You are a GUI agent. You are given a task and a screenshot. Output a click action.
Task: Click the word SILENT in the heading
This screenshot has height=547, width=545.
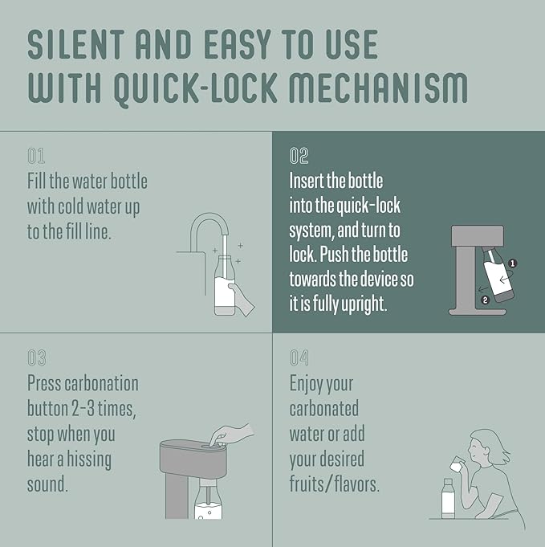coord(76,45)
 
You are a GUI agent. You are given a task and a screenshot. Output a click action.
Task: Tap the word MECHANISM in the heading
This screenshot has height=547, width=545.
coord(379,88)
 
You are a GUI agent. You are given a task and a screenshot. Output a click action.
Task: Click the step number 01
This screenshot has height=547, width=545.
coord(36,156)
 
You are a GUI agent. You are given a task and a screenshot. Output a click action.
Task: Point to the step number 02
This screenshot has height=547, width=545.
coord(299,156)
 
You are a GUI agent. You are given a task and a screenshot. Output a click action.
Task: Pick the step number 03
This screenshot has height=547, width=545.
coord(37,358)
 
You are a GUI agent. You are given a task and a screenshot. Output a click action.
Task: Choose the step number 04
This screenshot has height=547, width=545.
coord(299,358)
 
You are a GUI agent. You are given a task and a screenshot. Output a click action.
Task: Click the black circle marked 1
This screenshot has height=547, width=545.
coord(512,263)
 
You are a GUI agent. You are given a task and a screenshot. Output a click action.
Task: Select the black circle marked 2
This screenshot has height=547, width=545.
coord(485,300)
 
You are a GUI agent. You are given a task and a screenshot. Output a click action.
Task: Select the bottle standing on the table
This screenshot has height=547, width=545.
coord(448,499)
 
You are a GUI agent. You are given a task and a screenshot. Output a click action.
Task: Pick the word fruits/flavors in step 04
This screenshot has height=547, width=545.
coord(335,484)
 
